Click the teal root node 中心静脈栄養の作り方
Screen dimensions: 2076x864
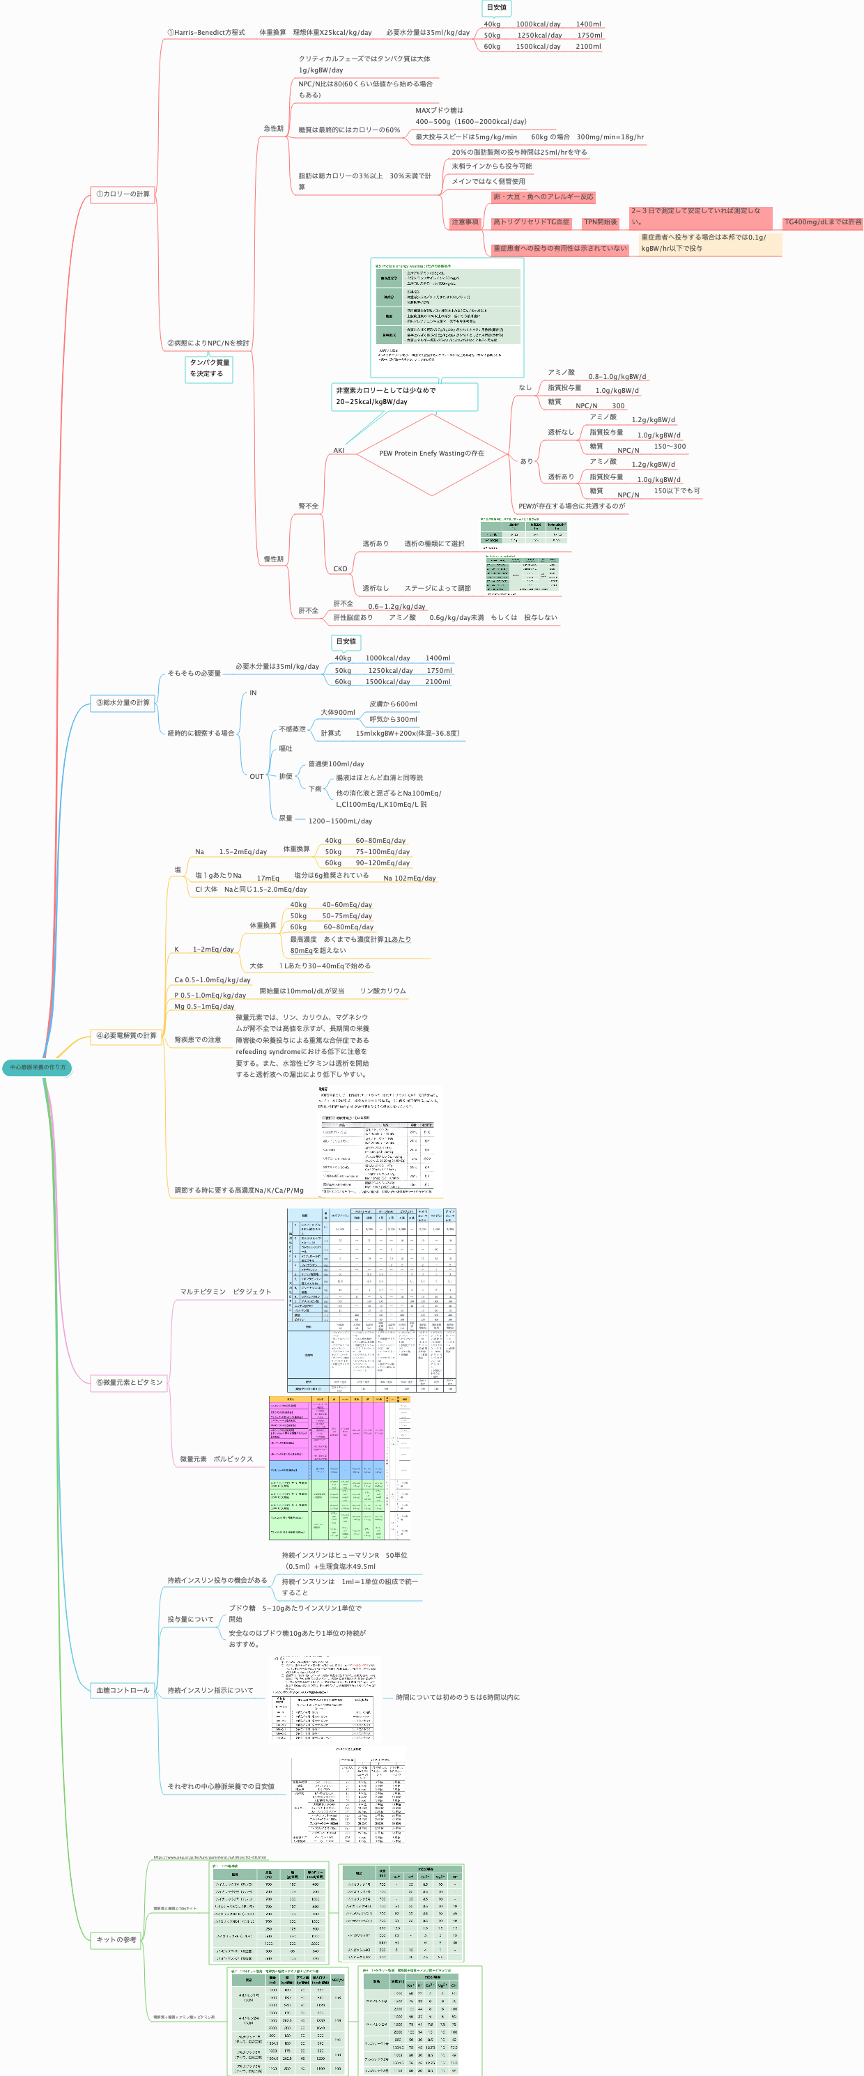coord(37,1067)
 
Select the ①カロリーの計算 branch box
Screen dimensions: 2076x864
coord(123,194)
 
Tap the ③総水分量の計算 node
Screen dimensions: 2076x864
coord(123,703)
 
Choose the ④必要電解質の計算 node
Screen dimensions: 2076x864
coord(125,1036)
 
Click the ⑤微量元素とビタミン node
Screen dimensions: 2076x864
coord(129,1382)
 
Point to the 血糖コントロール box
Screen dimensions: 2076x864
coord(123,1690)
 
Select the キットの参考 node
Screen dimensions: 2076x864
coord(116,1939)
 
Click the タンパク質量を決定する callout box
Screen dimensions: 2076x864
coord(209,369)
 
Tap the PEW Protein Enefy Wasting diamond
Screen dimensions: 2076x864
coord(432,454)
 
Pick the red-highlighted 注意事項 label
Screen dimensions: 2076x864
coord(464,222)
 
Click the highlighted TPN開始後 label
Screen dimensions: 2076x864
coord(600,222)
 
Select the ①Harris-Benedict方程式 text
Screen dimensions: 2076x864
coord(206,33)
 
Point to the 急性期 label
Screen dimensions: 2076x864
coord(273,129)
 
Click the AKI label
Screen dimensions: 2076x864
coord(339,451)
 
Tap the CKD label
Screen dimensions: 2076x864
coord(340,569)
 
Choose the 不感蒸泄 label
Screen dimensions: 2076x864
coord(292,729)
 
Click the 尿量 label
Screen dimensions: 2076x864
coord(285,818)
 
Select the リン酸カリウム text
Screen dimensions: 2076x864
coord(383,991)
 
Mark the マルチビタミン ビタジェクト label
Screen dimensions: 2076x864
coord(225,1292)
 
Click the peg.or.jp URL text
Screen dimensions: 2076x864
coord(210,1857)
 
